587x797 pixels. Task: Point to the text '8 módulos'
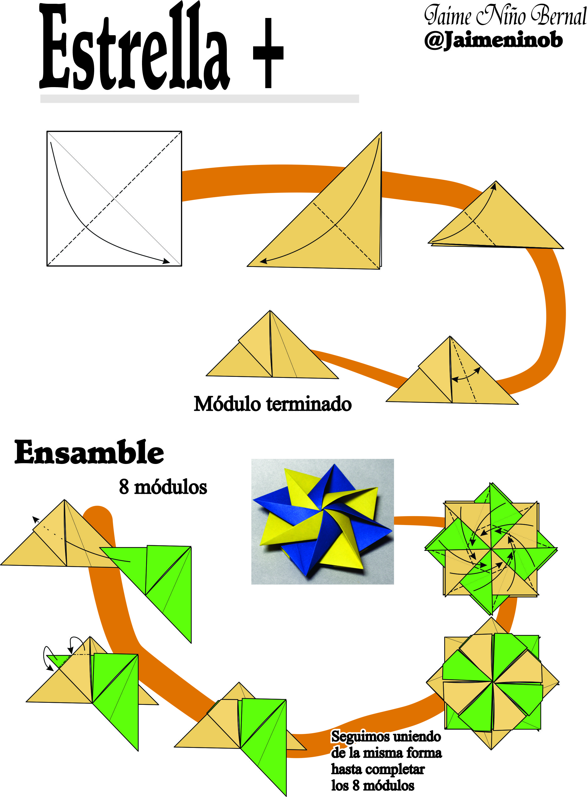click(x=163, y=487)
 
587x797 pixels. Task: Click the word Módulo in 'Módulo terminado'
click(x=227, y=404)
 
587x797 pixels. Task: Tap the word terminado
click(x=309, y=404)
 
